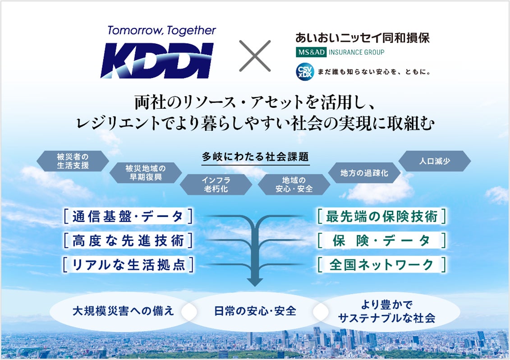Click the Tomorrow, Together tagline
pyautogui.click(x=161, y=31)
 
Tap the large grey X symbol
pyautogui.click(x=255, y=55)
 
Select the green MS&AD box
pyautogui.click(x=311, y=52)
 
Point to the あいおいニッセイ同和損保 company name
pyautogui.click(x=362, y=38)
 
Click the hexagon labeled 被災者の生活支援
pyautogui.click(x=73, y=161)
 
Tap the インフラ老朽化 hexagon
pyautogui.click(x=215, y=185)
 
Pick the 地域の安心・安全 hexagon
pyautogui.click(x=294, y=185)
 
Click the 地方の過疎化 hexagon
pyautogui.click(x=364, y=172)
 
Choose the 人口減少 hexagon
pyautogui.click(x=434, y=161)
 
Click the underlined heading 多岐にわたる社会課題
pyautogui.click(x=255, y=157)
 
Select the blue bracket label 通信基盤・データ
pyautogui.click(x=128, y=217)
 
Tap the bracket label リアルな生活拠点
pyautogui.click(x=128, y=264)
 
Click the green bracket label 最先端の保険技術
pyautogui.click(x=381, y=217)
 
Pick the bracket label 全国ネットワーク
pyautogui.click(x=381, y=264)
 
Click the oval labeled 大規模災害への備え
pyautogui.click(x=123, y=311)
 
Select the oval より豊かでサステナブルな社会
pyautogui.click(x=386, y=311)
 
